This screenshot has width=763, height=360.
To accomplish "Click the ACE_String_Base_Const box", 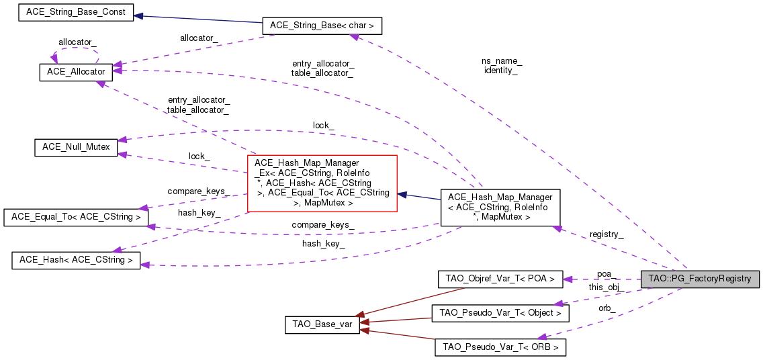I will point(76,13).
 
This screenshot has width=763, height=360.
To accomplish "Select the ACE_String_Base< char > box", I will point(322,26).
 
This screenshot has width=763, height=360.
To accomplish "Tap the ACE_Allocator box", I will point(76,72).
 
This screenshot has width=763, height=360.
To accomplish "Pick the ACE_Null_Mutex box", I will point(76,147).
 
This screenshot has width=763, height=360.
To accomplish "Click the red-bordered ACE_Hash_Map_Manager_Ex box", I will point(322,183).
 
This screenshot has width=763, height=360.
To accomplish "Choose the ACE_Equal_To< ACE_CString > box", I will point(75,217).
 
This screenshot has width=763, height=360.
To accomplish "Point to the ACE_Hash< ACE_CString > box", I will point(76,260).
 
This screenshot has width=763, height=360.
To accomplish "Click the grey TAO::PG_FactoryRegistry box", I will point(699,279).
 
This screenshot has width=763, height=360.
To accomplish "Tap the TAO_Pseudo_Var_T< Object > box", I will point(500,312).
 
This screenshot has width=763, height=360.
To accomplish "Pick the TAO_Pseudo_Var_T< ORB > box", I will point(500,347).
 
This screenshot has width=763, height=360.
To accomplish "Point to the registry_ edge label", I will point(606,234).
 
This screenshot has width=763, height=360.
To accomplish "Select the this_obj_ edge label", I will point(606,287).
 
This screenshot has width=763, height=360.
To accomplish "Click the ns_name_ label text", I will point(501,60).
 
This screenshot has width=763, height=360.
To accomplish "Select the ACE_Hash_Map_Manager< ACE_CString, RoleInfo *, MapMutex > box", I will point(500,207).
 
